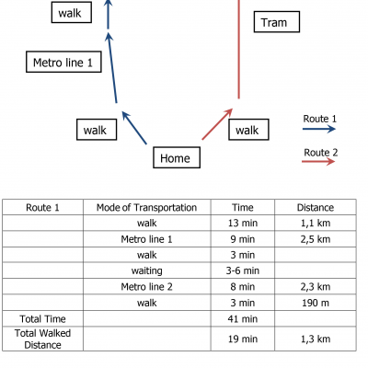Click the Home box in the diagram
click(177, 157)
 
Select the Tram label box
click(277, 22)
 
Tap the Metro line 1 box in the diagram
click(63, 62)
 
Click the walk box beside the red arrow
click(248, 130)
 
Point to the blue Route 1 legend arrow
click(319, 129)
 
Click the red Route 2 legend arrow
click(318, 161)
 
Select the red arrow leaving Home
click(217, 124)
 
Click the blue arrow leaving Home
click(134, 128)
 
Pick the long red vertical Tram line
click(239, 50)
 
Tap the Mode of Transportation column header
click(146, 208)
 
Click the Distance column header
click(316, 208)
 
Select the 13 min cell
click(243, 223)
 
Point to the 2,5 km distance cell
click(316, 239)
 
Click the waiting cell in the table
click(147, 270)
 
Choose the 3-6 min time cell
click(243, 270)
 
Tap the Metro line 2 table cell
click(146, 287)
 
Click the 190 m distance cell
click(316, 303)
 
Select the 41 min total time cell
click(243, 319)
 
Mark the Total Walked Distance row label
click(42, 339)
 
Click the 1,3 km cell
click(316, 339)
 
